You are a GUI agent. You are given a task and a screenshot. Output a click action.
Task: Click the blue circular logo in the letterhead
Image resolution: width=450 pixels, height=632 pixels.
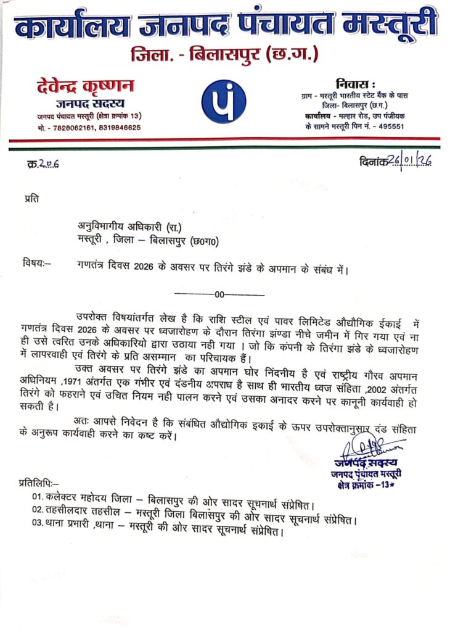coord(224,101)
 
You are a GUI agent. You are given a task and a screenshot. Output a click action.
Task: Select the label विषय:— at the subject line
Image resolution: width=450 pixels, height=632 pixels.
coord(36,264)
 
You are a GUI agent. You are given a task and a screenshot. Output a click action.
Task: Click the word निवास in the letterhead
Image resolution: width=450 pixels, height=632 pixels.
coord(356,83)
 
